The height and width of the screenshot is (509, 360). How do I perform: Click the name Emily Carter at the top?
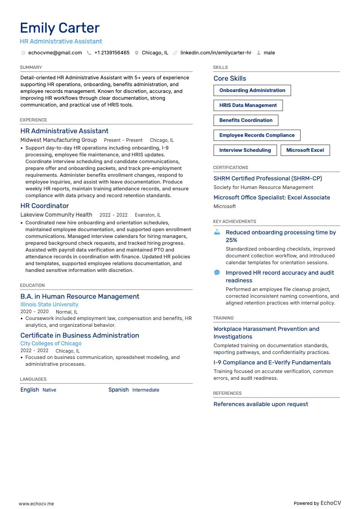[x=59, y=28]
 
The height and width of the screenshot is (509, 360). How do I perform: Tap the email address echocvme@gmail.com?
[x=55, y=53]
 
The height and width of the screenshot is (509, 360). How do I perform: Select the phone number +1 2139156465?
[x=112, y=53]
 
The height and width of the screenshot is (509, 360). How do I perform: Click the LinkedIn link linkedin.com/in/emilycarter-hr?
[x=215, y=53]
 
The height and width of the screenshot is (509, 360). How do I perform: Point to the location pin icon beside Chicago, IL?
[x=136, y=53]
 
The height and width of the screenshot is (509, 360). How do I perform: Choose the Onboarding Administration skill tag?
[x=252, y=91]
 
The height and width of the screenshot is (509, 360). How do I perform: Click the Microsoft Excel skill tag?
[x=305, y=150]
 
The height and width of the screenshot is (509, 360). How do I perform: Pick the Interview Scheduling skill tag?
[x=245, y=150]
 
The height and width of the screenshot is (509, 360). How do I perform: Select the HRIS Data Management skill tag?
[x=248, y=106]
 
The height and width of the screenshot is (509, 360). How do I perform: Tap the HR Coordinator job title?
[x=44, y=206]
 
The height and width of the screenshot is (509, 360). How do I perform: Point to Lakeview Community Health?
[x=56, y=215]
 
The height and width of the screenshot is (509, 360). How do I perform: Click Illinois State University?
[x=49, y=305]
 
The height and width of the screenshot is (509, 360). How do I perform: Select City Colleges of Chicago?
[x=51, y=344]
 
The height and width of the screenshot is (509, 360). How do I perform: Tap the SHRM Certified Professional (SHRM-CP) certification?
[x=268, y=179]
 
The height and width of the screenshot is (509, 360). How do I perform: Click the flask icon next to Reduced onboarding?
[x=217, y=232]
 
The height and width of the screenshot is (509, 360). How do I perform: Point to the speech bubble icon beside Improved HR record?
[x=217, y=272]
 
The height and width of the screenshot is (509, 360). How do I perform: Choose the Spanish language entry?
[x=118, y=390]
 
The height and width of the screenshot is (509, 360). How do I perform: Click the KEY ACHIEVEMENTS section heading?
[x=234, y=222]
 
